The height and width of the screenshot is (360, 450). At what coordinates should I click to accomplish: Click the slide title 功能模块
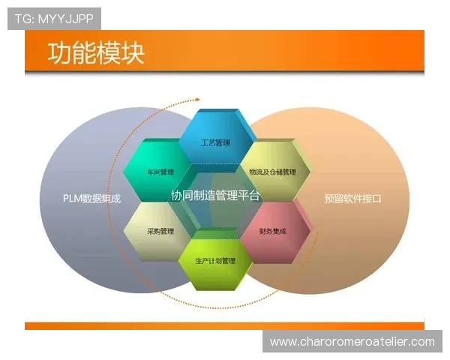click(x=96, y=53)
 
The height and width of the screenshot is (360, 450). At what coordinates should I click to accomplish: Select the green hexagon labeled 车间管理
click(x=157, y=172)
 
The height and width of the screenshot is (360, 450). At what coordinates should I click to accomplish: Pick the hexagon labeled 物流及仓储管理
click(x=271, y=172)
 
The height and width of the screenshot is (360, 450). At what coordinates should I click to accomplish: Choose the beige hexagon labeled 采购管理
click(x=160, y=231)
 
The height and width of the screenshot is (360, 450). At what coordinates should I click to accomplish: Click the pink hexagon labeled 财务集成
click(x=273, y=231)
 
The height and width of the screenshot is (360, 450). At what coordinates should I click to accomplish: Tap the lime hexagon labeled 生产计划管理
click(x=215, y=261)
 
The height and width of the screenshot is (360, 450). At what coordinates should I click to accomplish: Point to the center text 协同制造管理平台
click(x=215, y=195)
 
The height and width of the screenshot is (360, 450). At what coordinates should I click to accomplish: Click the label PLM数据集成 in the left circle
click(x=91, y=199)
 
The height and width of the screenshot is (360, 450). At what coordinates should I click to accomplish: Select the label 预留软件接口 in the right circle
click(x=352, y=199)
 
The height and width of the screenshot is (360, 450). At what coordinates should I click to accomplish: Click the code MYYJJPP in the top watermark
click(x=68, y=19)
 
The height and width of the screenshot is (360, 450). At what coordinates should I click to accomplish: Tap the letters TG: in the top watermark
click(x=24, y=19)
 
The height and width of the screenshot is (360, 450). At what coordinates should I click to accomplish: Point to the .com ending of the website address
click(x=421, y=342)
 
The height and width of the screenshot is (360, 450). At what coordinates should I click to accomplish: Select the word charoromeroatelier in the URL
click(x=352, y=342)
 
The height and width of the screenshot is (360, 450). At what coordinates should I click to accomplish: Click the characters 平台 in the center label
click(x=249, y=195)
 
